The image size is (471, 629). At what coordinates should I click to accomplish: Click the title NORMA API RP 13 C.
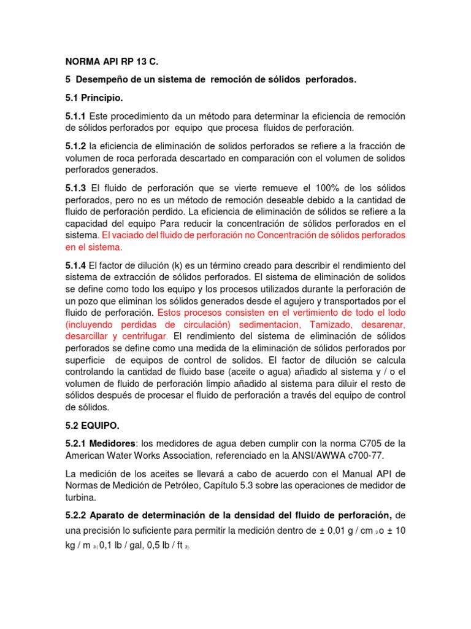tap(116, 63)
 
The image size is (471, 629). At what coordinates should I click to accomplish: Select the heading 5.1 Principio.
tap(94, 98)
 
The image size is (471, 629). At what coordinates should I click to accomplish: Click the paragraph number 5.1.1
tap(77, 116)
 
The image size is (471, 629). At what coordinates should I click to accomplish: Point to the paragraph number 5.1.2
tap(77, 146)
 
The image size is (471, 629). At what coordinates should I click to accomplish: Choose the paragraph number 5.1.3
tap(77, 187)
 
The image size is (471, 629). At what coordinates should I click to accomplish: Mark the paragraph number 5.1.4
tap(77, 265)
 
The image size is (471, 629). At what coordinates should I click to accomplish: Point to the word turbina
tap(82, 496)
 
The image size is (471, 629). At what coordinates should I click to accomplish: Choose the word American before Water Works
tap(87, 455)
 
